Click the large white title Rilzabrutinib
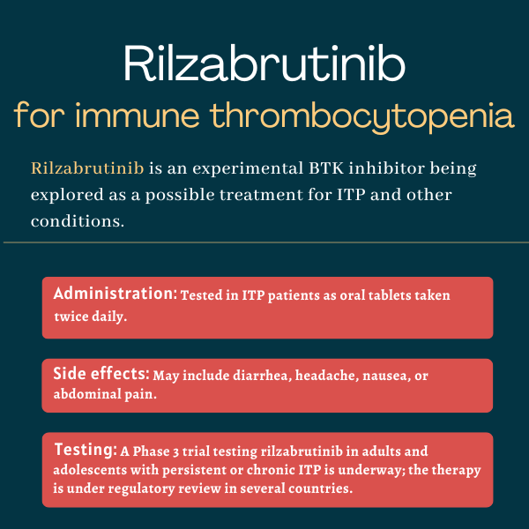pyautogui.click(x=264, y=63)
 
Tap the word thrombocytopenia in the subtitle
pyautogui.click(x=362, y=116)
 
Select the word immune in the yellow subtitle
pyautogui.click(x=137, y=115)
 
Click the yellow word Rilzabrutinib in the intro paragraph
pyautogui.click(x=87, y=168)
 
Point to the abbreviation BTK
pyautogui.click(x=326, y=168)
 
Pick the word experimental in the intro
pyautogui.click(x=248, y=169)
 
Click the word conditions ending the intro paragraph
pyautogui.click(x=78, y=221)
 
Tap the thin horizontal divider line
pyautogui.click(x=266, y=242)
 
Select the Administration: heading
pyautogui.click(x=115, y=294)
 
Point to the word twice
pyautogui.click(x=71, y=317)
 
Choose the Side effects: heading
pyautogui.click(x=101, y=374)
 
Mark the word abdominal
pyautogui.click(x=87, y=394)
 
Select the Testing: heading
pyautogui.click(x=86, y=450)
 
